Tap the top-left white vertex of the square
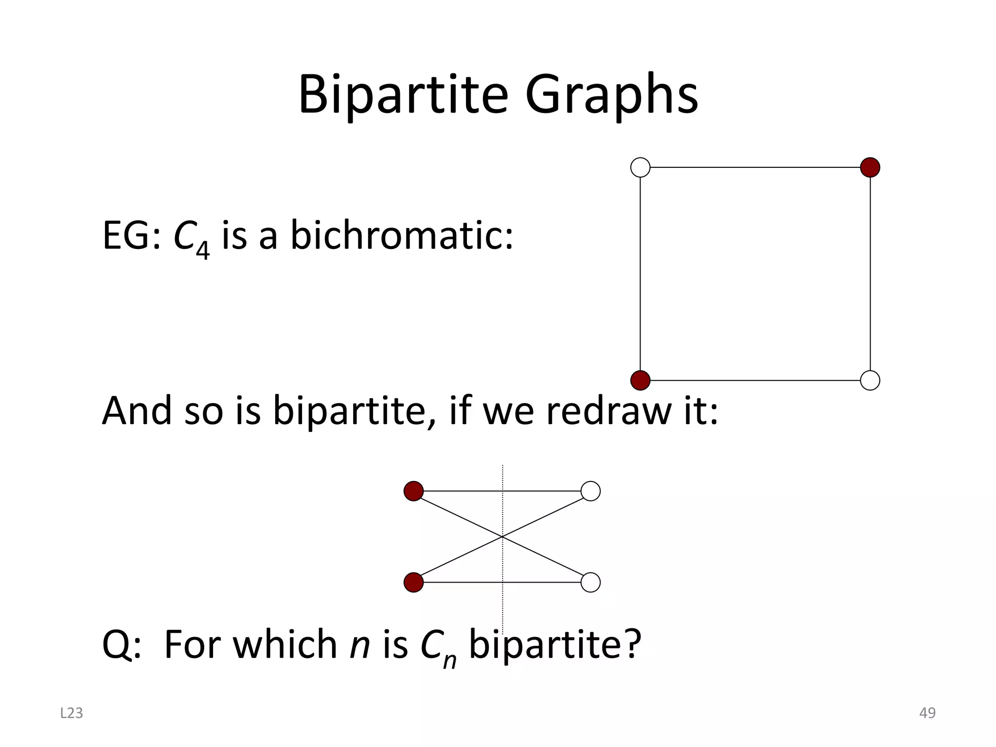640,167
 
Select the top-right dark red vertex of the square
870,167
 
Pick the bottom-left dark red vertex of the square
640,380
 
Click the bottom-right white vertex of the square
870,380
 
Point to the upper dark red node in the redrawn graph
413,491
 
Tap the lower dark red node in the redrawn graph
413,582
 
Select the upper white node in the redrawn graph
590,491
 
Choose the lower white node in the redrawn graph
590,582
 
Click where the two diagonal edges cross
502,536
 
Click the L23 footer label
71,713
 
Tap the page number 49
927,713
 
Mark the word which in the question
285,644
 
